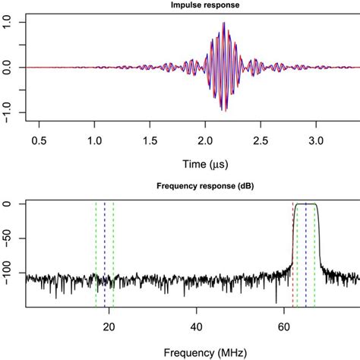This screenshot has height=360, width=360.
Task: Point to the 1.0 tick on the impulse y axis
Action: [9, 24]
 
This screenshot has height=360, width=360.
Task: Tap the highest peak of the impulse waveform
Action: [223, 24]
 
